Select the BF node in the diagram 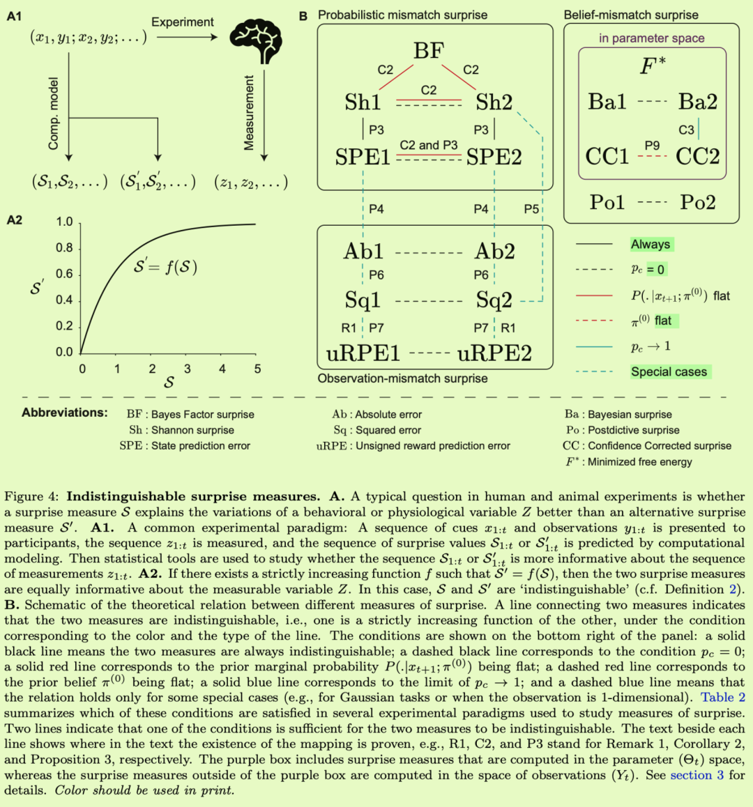pos(429,51)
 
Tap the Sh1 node pos(363,102)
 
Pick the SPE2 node pos(494,157)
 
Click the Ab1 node pos(363,251)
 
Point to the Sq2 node pos(494,300)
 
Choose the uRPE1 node pos(363,353)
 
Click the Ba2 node pos(697,102)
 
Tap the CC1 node pos(607,156)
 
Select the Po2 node pos(697,202)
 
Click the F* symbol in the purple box pos(652,66)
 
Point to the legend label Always pos(651,245)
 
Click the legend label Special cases pos(669,372)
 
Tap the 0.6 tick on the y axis pos(64,274)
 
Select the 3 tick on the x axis pos(187,369)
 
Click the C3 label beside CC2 pos(686,130)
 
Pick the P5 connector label pos(531,209)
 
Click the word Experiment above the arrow pos(183,22)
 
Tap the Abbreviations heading pos(65,413)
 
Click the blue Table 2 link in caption pos(723,698)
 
